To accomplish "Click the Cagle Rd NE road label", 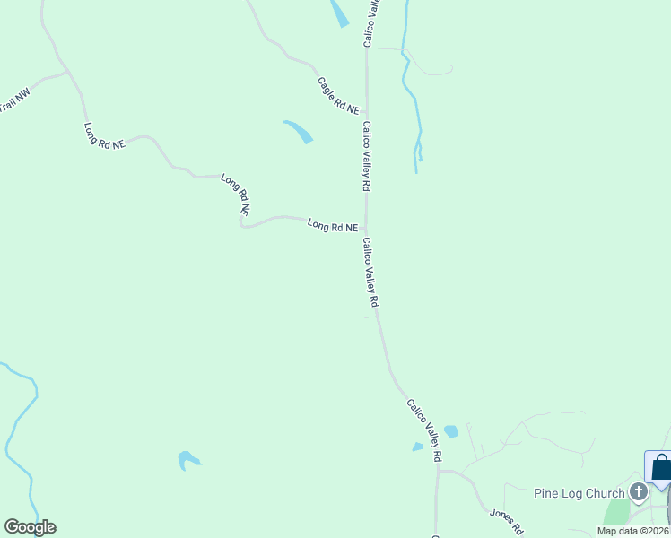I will coord(338,95).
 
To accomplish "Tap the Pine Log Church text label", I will coord(578,493).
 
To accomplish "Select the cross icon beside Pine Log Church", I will coord(638,491).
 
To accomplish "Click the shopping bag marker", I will coord(661,468).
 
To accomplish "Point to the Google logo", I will coord(30,527).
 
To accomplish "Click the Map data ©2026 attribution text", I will coord(633,531).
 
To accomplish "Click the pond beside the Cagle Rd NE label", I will coord(298,131).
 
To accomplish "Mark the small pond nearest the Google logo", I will coord(188,460).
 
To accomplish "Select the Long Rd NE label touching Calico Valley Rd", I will coord(333,226).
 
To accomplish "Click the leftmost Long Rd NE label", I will coord(104,136).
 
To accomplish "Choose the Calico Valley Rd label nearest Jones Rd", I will coord(424,431).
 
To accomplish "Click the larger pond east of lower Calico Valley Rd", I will coord(450,431).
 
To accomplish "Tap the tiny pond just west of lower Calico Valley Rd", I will coord(417,447).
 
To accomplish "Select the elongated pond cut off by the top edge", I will coord(339,13).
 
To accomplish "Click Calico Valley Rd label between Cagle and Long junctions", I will coord(366,156).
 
